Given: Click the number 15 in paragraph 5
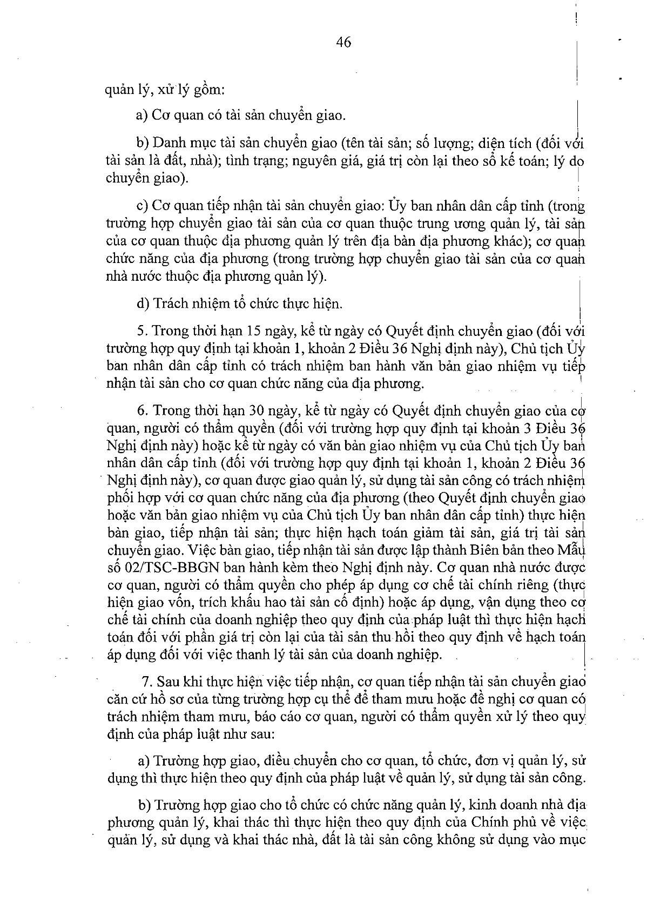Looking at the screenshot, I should point(253,331).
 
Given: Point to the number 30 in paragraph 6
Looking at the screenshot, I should point(255,410).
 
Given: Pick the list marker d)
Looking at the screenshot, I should point(143,304).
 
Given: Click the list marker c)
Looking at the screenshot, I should point(143,206).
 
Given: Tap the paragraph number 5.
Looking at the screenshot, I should point(141,331).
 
